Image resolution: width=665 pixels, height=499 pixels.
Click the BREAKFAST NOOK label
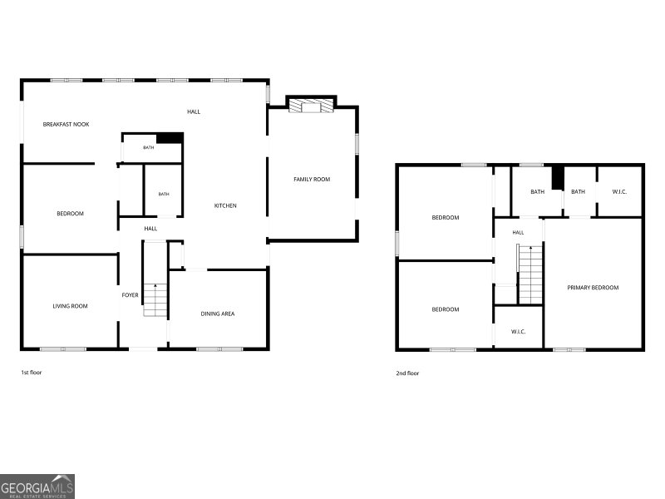[x=66, y=124]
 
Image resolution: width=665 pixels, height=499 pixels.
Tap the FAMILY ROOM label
[x=312, y=179]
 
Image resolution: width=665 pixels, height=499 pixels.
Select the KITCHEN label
[x=225, y=205]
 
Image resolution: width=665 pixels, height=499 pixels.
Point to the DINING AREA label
[x=218, y=314]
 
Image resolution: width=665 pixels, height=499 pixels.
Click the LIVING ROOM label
[x=71, y=306]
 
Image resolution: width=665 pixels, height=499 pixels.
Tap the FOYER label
[x=131, y=295]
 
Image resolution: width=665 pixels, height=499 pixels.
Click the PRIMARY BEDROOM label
[x=593, y=287]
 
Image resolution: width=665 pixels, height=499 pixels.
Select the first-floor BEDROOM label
[x=71, y=214]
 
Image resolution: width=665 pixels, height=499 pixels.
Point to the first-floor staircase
[x=155, y=300]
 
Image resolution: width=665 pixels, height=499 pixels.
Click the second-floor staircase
[x=530, y=274]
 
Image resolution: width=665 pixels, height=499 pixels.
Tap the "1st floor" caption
[x=32, y=372]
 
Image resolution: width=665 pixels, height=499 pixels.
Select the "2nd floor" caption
[x=407, y=373]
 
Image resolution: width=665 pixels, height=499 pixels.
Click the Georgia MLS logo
[x=37, y=487]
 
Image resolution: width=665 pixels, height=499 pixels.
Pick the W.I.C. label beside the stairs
[x=518, y=331]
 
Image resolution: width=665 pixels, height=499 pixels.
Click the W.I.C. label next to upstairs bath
[x=619, y=191]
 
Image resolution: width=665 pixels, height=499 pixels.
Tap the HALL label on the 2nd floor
[x=518, y=233]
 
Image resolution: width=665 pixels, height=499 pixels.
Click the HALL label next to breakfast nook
[x=194, y=111]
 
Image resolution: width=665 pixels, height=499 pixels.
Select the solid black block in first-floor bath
[x=170, y=138]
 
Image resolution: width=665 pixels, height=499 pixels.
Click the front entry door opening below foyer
[x=143, y=349]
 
